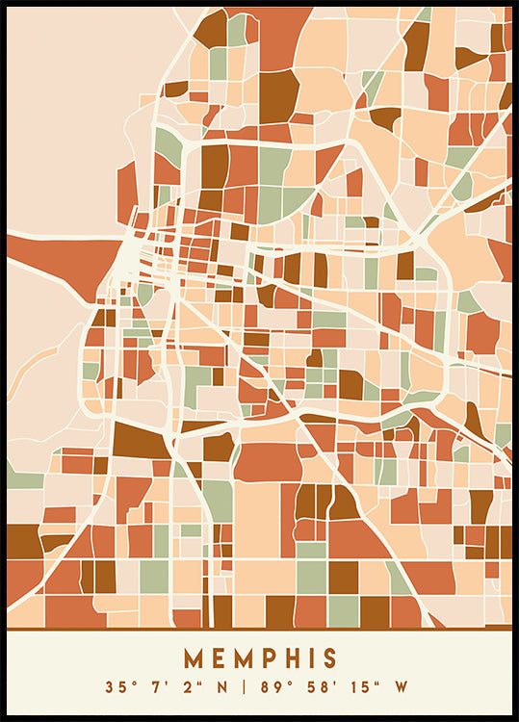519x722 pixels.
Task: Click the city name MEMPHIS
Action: [260, 658]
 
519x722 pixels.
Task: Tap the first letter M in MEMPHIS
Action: [194, 658]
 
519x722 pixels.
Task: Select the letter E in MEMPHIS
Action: [220, 658]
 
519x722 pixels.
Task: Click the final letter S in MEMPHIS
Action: [331, 658]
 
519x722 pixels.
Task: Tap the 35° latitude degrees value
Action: [118, 688]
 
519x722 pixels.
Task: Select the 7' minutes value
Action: [153, 688]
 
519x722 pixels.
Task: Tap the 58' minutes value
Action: [318, 688]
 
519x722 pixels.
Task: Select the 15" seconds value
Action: [361, 688]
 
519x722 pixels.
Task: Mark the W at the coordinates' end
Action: [400, 688]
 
